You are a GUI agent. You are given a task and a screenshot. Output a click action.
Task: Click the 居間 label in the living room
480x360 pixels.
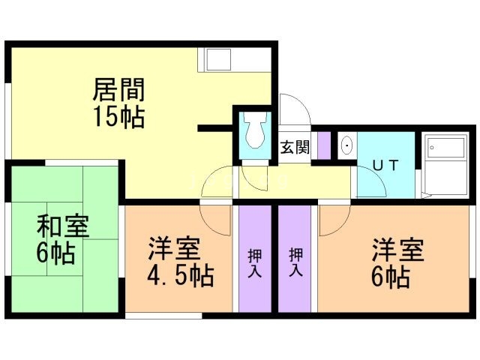118,90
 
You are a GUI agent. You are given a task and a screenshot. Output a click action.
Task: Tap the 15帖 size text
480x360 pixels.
118,117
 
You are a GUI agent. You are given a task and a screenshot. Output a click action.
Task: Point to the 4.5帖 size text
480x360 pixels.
180,274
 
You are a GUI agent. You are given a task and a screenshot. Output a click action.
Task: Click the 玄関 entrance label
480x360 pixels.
295,147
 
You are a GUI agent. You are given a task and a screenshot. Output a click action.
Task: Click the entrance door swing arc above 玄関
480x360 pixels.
295,109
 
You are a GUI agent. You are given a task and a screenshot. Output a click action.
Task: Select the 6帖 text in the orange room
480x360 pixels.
390,277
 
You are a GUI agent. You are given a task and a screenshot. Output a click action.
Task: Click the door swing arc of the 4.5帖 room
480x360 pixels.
217,217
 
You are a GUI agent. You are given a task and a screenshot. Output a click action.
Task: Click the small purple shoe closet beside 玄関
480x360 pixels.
324,145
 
